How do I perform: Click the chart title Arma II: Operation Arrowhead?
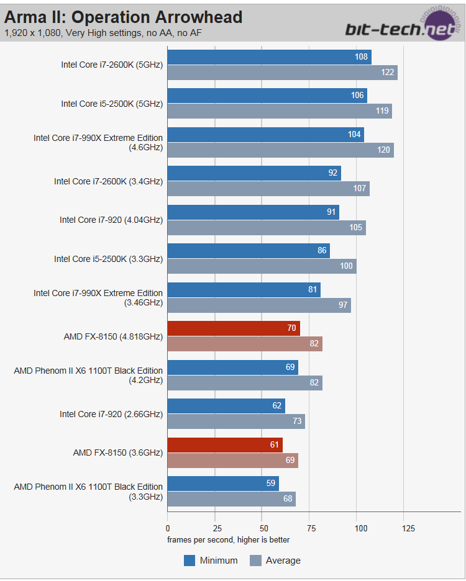coord(123,17)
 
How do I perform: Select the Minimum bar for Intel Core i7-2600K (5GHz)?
coord(269,57)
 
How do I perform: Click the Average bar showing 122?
coord(282,73)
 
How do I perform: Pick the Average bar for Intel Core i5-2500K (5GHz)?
coord(280,111)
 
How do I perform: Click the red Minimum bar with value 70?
coord(234,328)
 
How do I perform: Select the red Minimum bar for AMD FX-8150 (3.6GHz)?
coord(225,444)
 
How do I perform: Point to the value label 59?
coord(271,484)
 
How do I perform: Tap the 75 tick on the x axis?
coord(309,528)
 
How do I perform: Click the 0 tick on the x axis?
coord(168,528)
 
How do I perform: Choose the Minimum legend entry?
coord(211,561)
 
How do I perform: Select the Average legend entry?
coord(275,561)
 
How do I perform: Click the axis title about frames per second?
coord(228,539)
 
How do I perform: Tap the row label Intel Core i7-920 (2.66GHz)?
coord(111,414)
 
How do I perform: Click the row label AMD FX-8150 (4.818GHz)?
coord(113,336)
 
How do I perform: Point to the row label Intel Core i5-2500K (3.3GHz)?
coord(108,259)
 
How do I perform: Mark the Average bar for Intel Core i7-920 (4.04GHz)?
coord(267,228)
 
